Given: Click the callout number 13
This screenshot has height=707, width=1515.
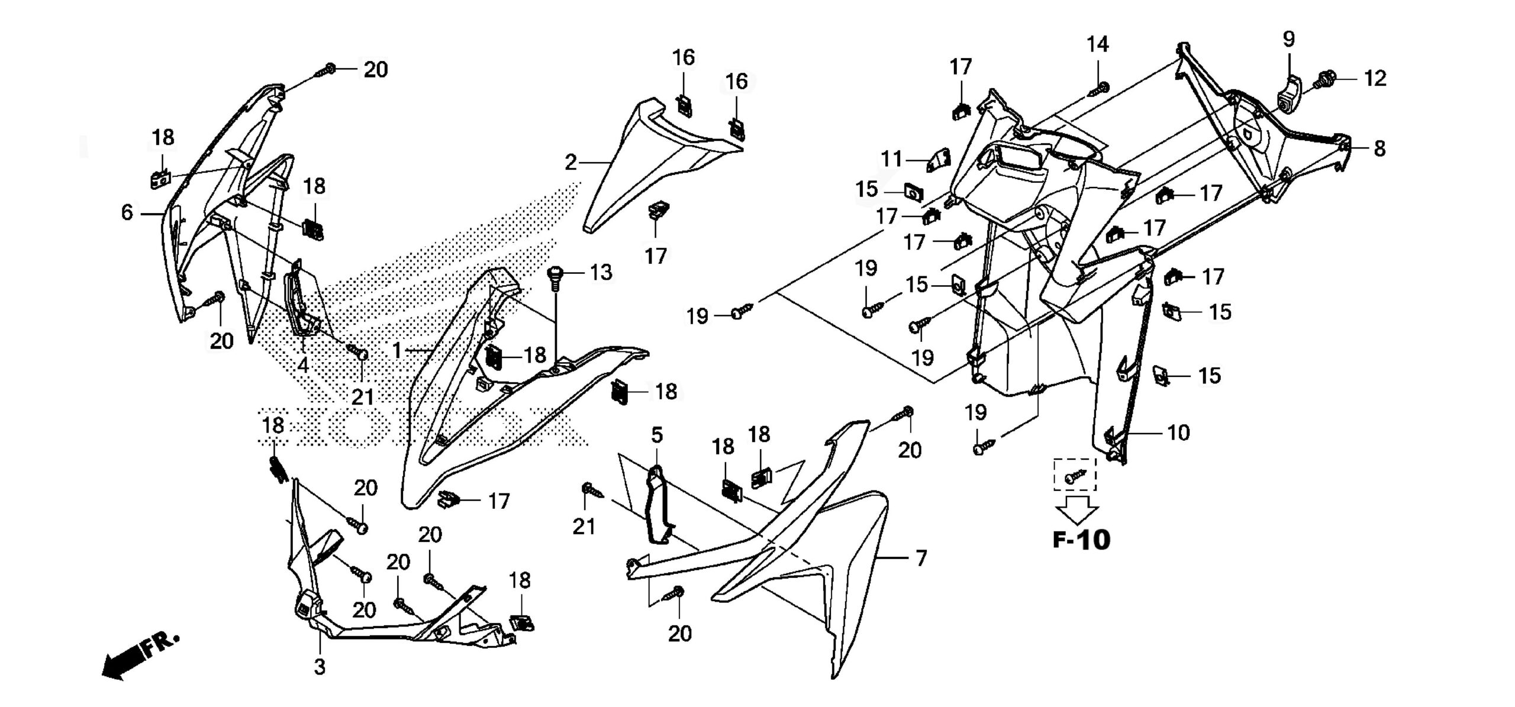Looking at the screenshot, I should [x=601, y=273].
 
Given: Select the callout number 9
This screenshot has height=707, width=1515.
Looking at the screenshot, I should [x=1288, y=39].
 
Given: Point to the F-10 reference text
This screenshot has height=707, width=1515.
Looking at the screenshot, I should [x=1081, y=540].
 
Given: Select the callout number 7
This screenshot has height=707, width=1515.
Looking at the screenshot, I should [x=921, y=558].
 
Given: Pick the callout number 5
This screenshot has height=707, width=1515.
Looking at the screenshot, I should [x=657, y=435].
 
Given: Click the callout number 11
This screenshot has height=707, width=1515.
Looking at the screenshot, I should [x=891, y=159].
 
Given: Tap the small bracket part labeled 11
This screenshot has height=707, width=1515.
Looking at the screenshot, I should [x=938, y=160].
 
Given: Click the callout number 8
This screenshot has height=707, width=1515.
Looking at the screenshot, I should [x=1379, y=148].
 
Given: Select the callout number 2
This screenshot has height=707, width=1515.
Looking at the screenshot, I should [x=570, y=162].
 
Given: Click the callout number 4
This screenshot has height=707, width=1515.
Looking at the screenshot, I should [x=302, y=365].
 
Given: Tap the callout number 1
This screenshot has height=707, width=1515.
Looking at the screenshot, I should [x=397, y=350].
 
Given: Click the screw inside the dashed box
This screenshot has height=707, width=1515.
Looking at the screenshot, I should [x=1075, y=475].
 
